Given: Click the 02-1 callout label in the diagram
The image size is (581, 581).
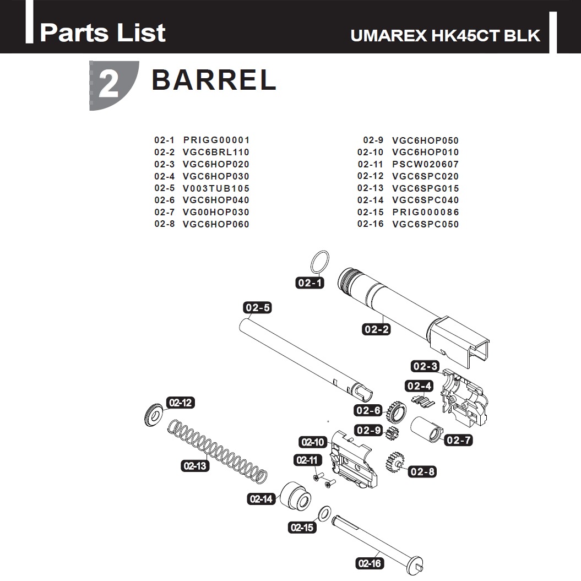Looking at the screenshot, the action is (309, 283).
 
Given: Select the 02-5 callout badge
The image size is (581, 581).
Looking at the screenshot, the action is (258, 307).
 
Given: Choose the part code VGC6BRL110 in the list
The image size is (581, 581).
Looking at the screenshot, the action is (216, 153).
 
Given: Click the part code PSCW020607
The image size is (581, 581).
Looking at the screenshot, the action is (425, 164).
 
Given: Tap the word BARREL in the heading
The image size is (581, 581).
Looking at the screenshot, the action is (214, 80).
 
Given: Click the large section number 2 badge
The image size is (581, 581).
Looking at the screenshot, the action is (112, 85).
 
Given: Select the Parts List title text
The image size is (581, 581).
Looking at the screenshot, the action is (102, 32).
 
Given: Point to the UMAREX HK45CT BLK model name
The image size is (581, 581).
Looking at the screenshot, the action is (446, 36).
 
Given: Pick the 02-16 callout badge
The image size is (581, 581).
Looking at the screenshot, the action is (370, 563).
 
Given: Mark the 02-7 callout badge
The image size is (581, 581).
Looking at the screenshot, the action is (459, 440).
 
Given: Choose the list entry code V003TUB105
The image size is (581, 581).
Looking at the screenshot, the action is (216, 188).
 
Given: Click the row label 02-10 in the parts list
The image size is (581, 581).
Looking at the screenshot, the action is (370, 153).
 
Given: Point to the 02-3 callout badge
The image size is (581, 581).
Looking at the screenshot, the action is (425, 366).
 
